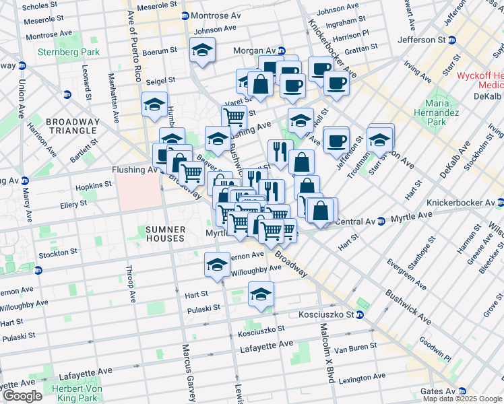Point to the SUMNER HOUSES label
coord(165,234)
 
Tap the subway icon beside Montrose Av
coord(185,15)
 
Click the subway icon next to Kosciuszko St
coord(360,314)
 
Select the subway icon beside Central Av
coord(381,221)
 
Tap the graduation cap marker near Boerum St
coord(201,50)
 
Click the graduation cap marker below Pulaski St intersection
coord(261,293)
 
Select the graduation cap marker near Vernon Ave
coord(217,264)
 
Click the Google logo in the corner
coord(22,396)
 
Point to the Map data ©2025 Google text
coord(463,399)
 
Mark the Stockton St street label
coord(56,253)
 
